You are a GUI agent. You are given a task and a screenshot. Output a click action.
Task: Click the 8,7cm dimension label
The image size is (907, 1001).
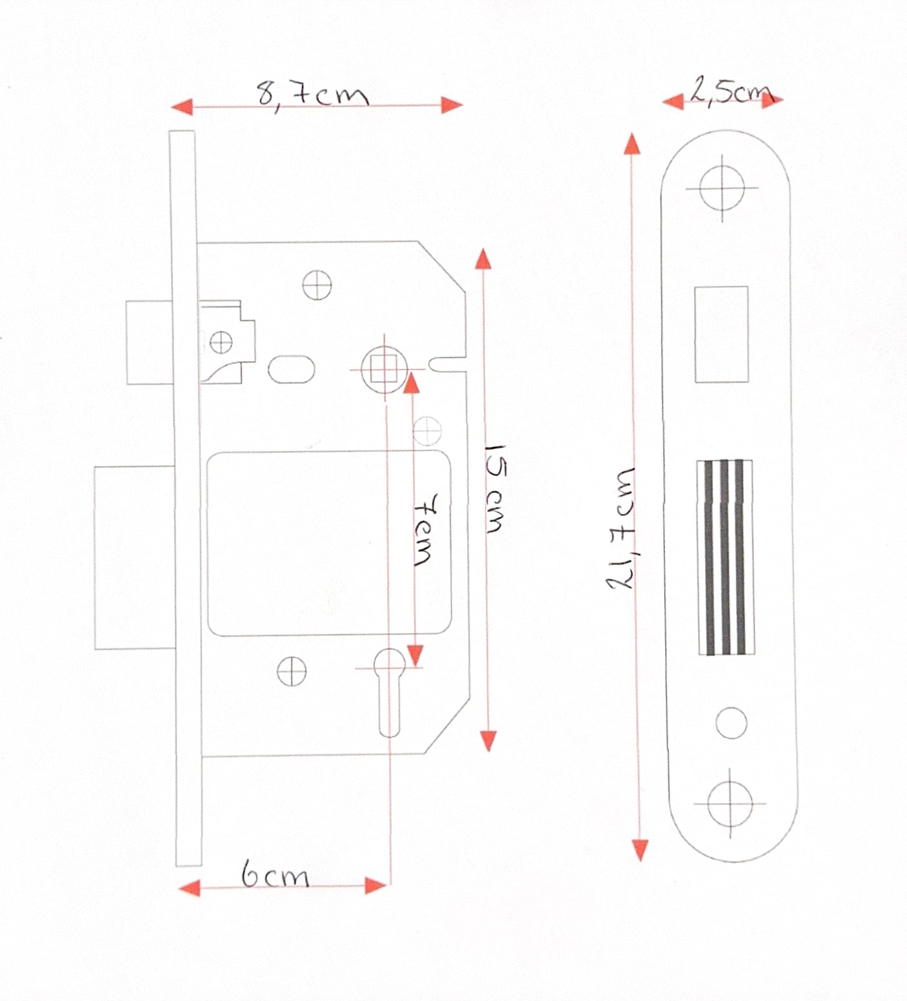[x=313, y=95]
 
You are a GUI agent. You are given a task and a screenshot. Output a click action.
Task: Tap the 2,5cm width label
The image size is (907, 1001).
[x=731, y=91]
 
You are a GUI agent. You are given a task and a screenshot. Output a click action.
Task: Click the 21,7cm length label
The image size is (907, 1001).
[x=621, y=528]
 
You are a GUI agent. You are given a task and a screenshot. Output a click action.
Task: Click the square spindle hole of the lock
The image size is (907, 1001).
[x=384, y=370]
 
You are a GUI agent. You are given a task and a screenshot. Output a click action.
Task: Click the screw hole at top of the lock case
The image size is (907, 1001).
[x=317, y=285]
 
